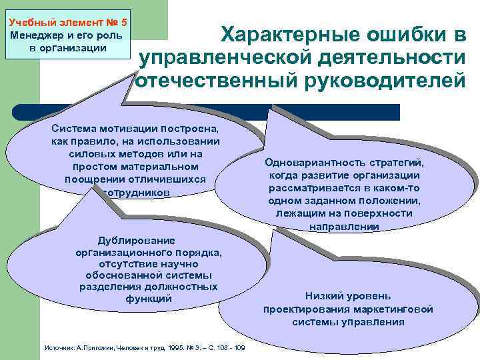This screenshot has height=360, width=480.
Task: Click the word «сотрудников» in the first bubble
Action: pyautogui.click(x=136, y=192)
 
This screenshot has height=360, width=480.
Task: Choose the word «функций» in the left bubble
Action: pyautogui.click(x=148, y=299)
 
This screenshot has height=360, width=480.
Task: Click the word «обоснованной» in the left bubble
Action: pyautogui.click(x=115, y=275)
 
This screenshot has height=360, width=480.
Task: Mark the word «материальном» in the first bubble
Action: pyautogui.click(x=166, y=167)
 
